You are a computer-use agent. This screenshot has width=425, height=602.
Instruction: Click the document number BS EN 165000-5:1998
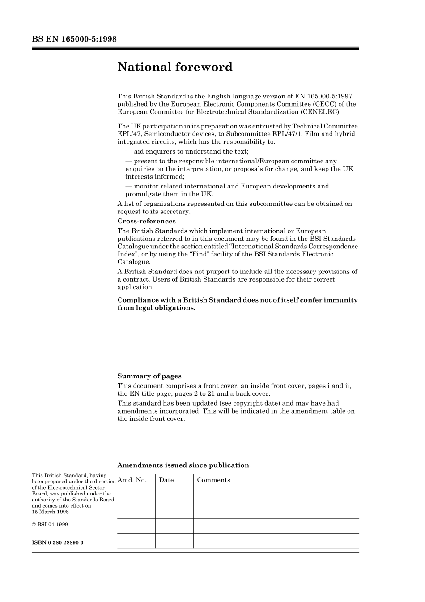click(x=74, y=39)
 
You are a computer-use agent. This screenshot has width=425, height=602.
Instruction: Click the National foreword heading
click(x=175, y=67)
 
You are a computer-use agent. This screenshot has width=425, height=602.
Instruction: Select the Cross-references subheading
click(x=146, y=221)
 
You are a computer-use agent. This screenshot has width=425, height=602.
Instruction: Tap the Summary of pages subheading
click(x=149, y=376)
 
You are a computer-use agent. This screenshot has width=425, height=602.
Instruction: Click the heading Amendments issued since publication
click(x=183, y=465)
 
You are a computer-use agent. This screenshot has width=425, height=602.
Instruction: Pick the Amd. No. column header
click(x=132, y=480)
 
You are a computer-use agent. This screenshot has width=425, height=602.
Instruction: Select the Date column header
click(x=166, y=480)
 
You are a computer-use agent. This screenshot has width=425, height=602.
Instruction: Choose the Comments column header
click(x=214, y=480)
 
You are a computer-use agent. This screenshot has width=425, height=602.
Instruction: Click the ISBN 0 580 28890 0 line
click(x=58, y=542)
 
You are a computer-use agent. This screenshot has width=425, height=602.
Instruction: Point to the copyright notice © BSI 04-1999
click(x=50, y=524)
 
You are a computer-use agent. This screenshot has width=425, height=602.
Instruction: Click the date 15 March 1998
click(x=50, y=512)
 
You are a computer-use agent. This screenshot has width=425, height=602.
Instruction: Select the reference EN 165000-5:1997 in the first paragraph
click(x=323, y=96)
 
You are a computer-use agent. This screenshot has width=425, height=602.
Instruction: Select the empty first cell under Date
click(x=174, y=496)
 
